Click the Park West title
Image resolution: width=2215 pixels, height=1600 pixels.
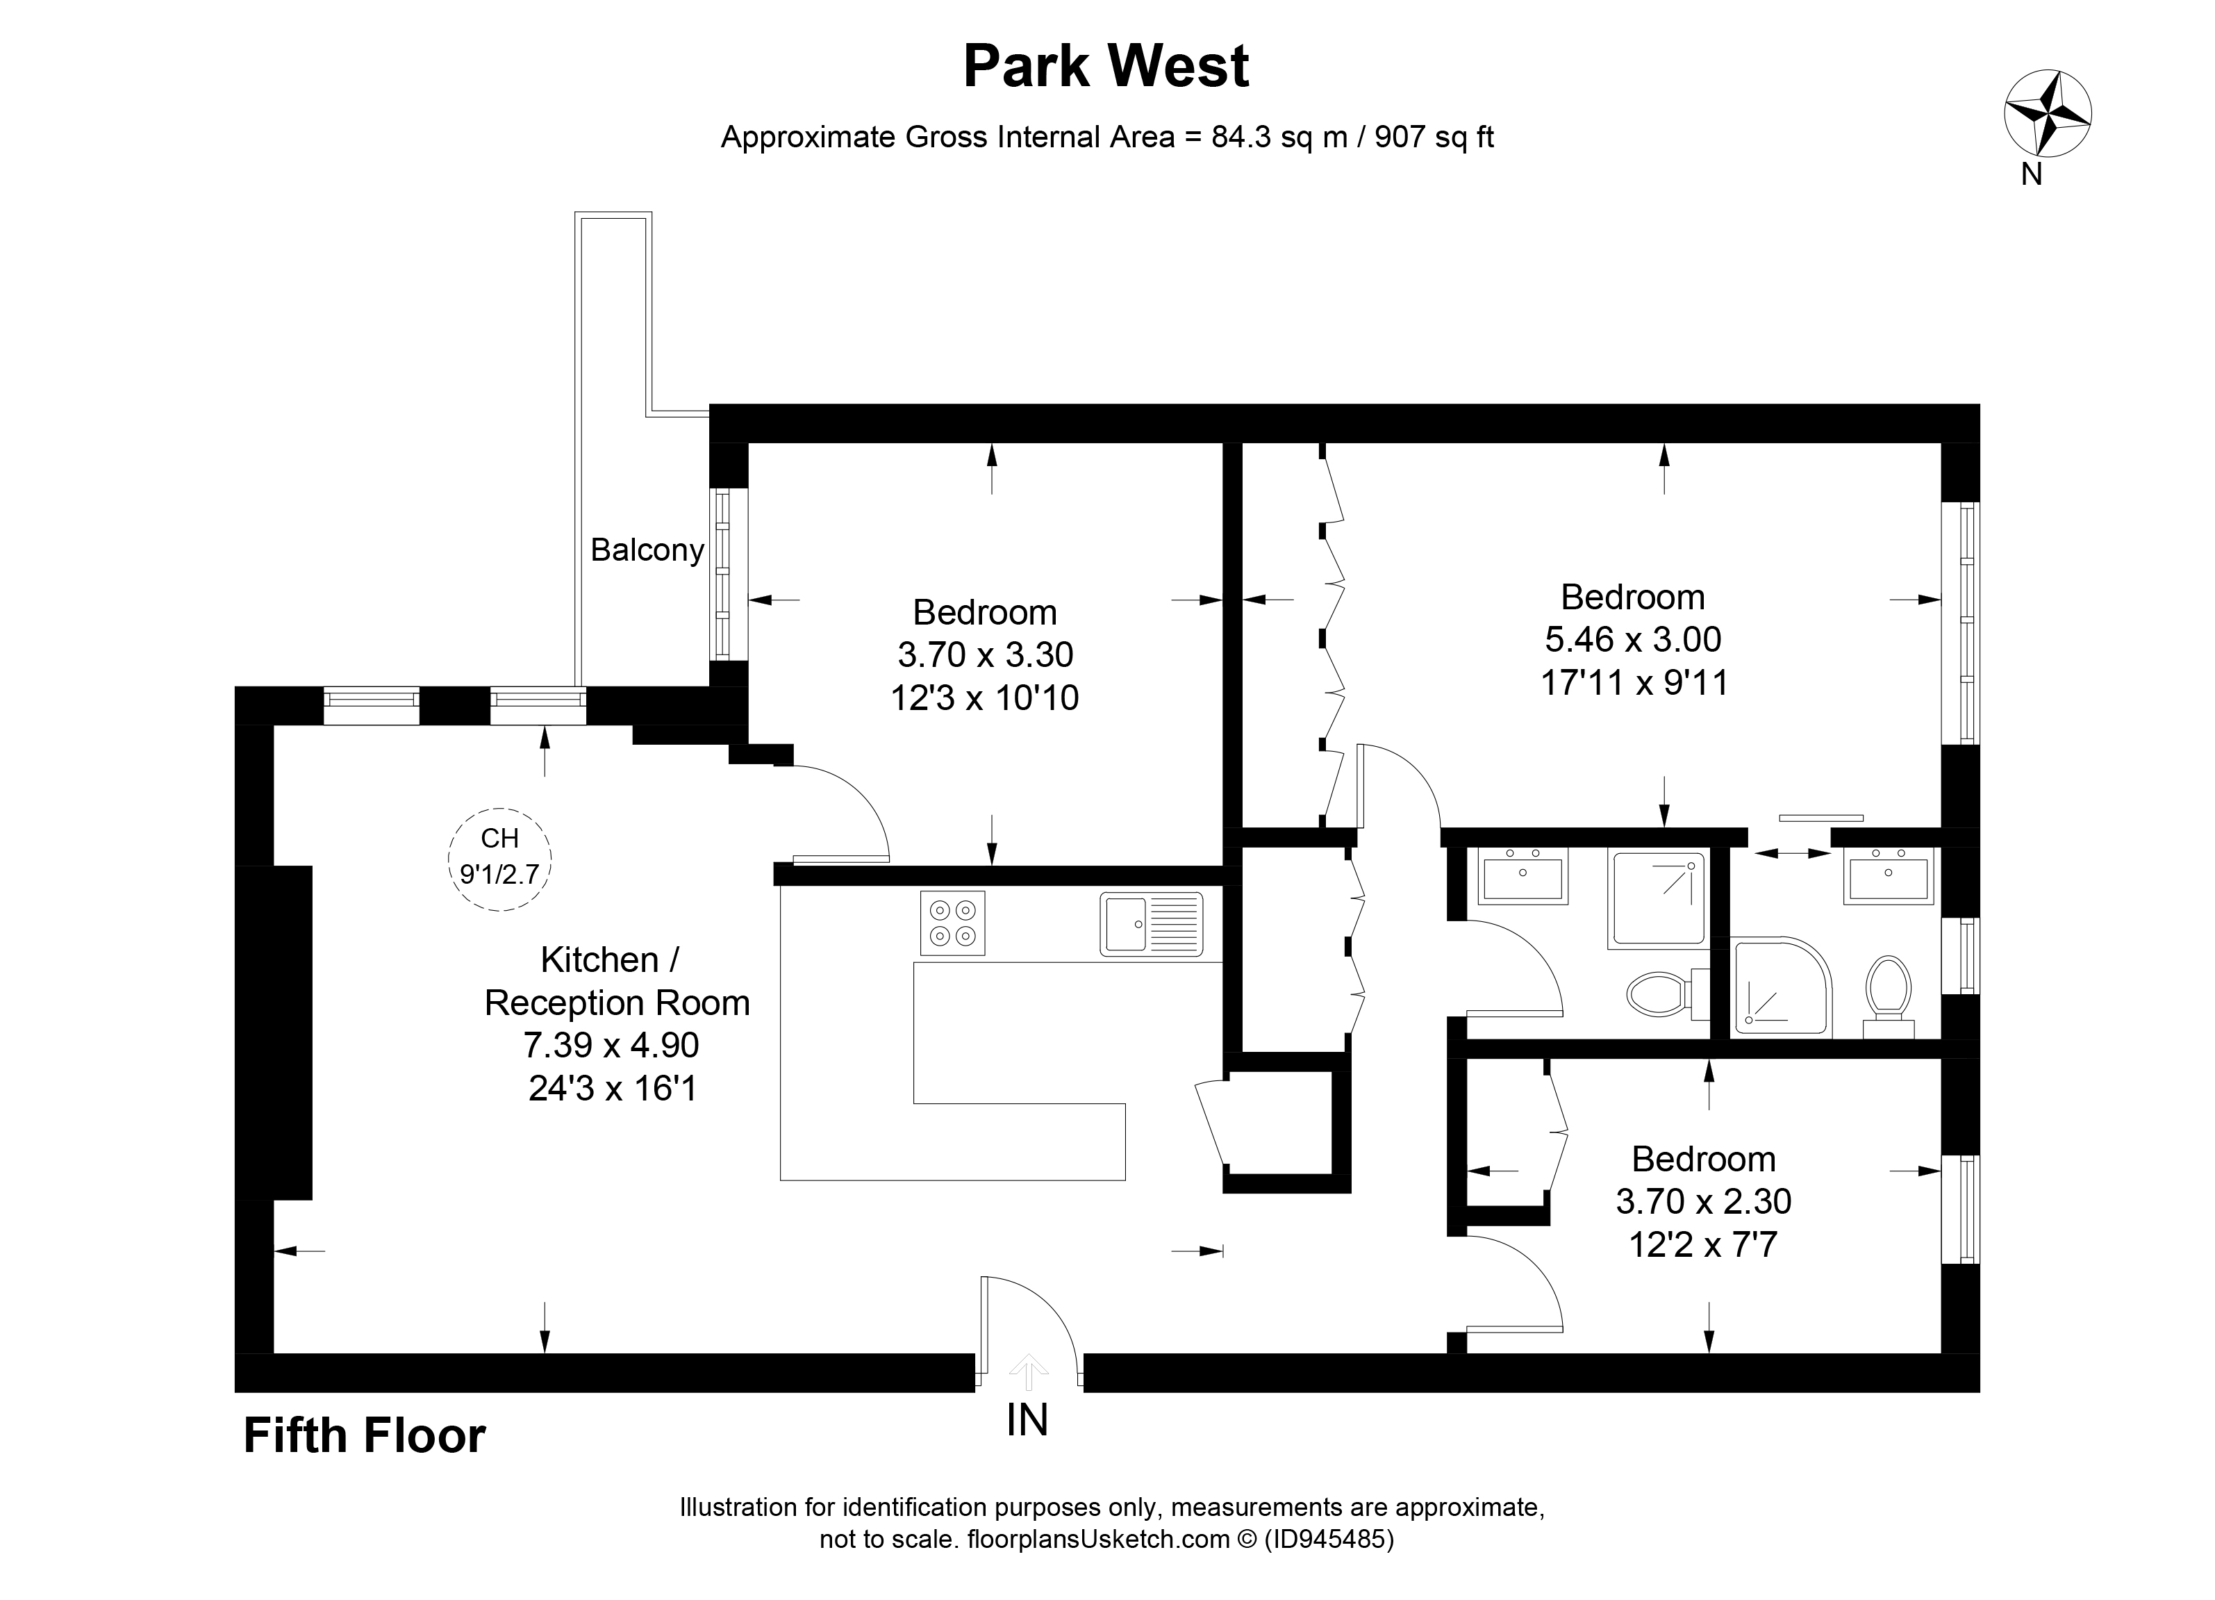coord(1106,67)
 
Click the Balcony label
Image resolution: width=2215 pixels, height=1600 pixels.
coord(647,550)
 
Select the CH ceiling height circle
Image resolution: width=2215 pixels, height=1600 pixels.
coord(500,859)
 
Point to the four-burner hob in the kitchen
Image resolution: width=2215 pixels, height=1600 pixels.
coord(952,922)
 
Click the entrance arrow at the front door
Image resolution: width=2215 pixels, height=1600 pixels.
coord(1027,1372)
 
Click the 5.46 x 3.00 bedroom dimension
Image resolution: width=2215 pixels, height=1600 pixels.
coord(1633,639)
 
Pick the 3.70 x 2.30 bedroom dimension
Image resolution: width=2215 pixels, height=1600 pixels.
coord(1703,1201)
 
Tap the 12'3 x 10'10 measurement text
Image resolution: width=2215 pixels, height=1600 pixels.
coord(984,698)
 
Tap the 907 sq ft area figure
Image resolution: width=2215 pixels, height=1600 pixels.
coord(1434,138)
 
